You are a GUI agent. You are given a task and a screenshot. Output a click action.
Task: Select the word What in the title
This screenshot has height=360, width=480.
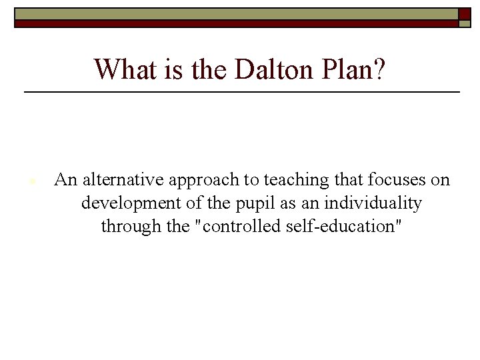pyautogui.click(x=122, y=69)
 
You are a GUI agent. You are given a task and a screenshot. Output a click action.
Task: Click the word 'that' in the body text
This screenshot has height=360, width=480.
pyautogui.click(x=347, y=180)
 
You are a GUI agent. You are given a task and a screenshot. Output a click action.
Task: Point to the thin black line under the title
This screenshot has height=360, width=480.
pyautogui.click(x=241, y=91)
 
